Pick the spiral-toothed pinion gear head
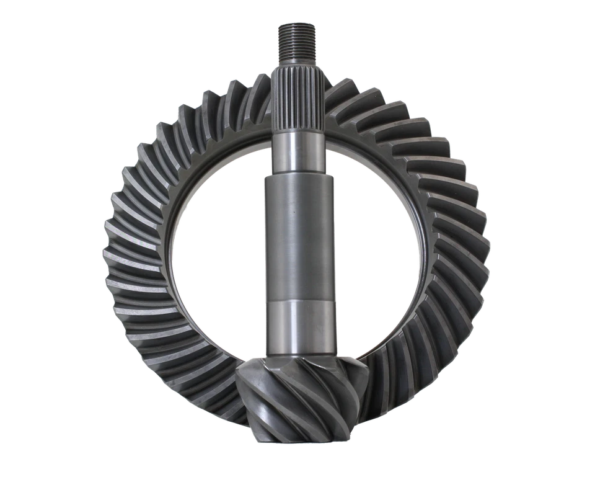297,397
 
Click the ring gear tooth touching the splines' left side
260,99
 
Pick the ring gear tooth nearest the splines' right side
338,99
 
